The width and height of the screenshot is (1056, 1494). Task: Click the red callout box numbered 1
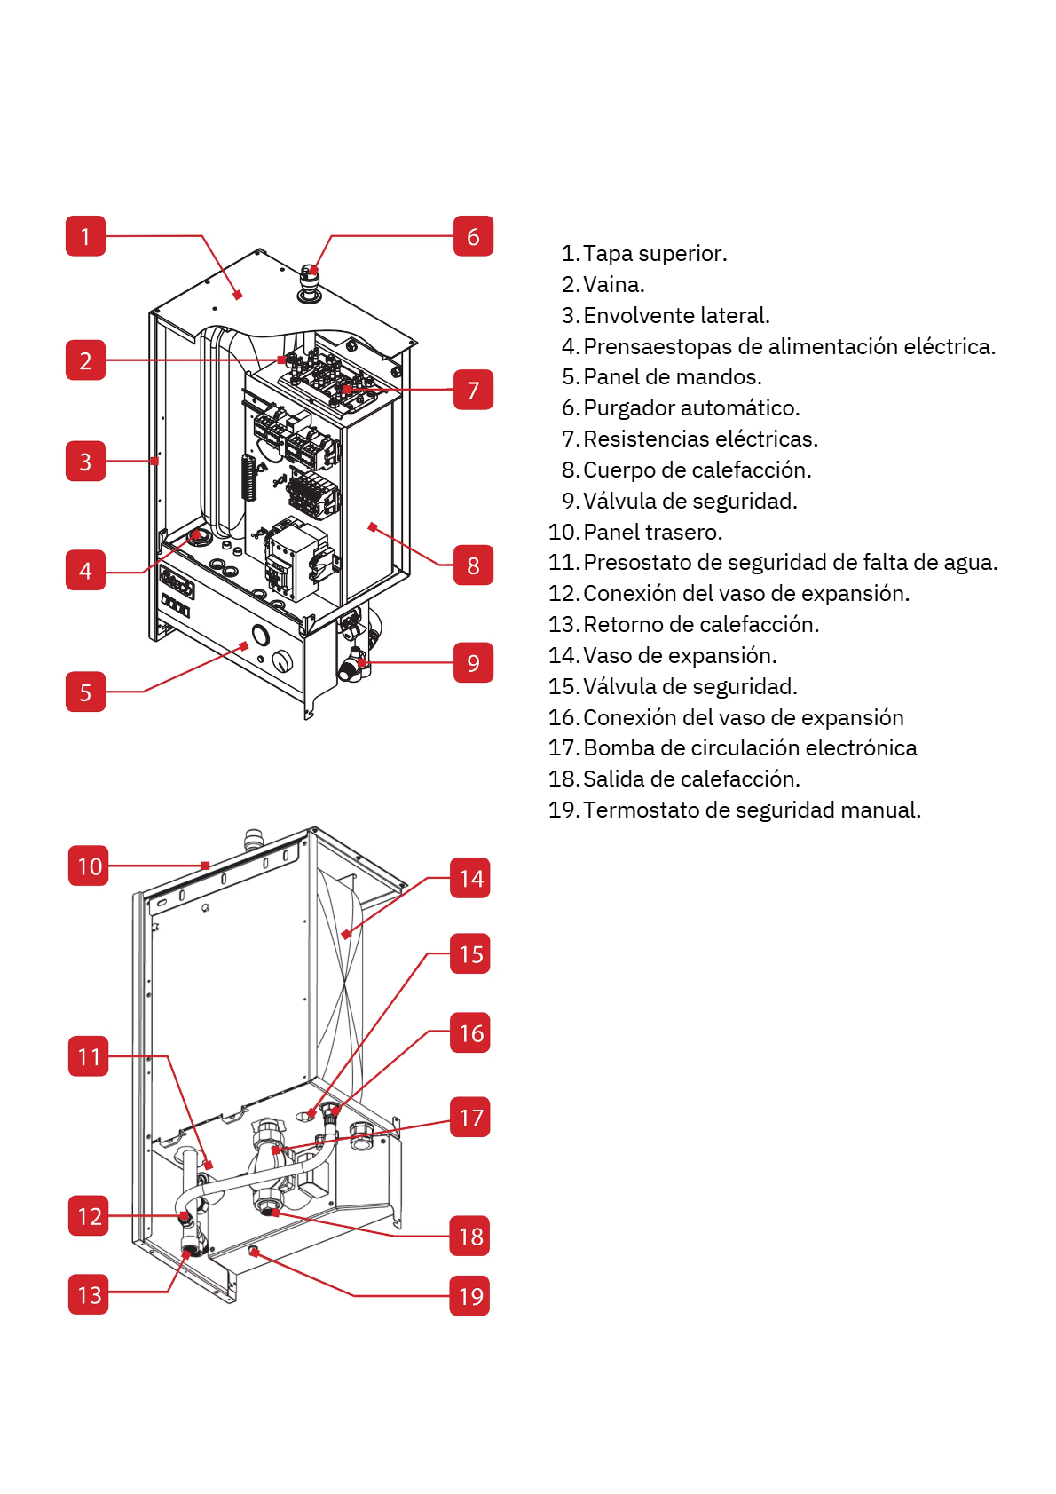pos(85,236)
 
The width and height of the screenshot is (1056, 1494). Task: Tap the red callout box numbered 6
pos(473,236)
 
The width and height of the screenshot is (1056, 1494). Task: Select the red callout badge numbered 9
pos(473,662)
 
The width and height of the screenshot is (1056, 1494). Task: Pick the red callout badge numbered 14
pos(470,878)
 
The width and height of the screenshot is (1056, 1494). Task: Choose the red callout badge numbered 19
pos(470,1295)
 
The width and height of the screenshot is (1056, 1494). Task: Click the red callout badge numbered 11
pos(89,1055)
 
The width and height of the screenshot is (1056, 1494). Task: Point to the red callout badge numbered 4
pos(85,570)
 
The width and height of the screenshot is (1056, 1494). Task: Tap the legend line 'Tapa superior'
pos(644,254)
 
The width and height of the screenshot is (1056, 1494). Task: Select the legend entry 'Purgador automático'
pos(681,407)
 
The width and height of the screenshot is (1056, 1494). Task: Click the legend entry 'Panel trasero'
pos(635,532)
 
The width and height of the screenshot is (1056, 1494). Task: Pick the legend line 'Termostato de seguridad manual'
pos(735,810)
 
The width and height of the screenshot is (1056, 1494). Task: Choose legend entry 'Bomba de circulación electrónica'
pos(733,747)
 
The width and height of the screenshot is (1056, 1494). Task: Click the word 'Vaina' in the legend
pos(613,285)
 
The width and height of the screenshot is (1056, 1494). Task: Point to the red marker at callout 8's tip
pos(373,527)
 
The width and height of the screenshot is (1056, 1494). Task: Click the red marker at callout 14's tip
pos(345,935)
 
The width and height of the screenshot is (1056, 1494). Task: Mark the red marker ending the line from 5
pos(245,645)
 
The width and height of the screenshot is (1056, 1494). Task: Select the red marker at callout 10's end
pos(206,866)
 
